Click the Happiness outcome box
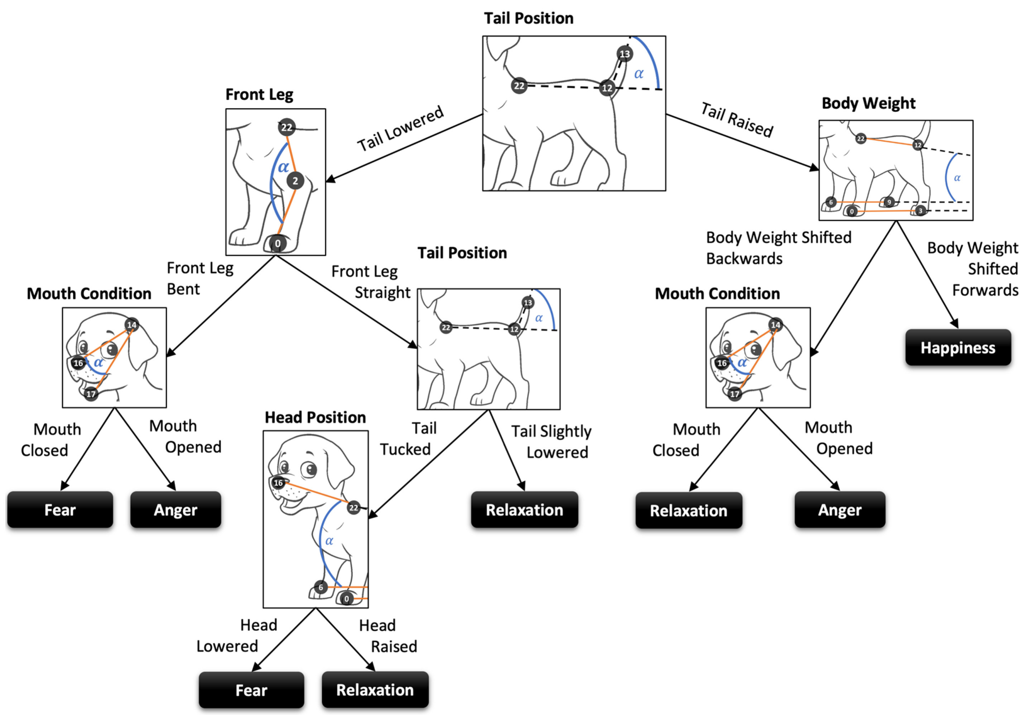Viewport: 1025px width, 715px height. click(x=958, y=348)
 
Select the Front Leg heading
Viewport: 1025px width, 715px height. click(x=259, y=95)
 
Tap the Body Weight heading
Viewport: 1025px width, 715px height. click(x=868, y=103)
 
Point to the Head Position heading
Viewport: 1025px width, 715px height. click(x=315, y=417)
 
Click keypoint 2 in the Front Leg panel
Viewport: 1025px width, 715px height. click(x=295, y=181)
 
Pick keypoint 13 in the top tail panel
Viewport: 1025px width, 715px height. click(x=624, y=54)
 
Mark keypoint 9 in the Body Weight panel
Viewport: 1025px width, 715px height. click(x=889, y=202)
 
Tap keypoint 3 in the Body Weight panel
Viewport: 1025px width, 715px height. click(x=920, y=211)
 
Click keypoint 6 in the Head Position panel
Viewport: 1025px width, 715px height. click(x=321, y=587)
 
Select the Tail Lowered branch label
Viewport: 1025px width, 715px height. click(x=400, y=129)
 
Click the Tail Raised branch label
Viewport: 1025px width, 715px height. click(x=737, y=120)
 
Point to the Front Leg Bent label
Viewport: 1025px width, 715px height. click(x=199, y=279)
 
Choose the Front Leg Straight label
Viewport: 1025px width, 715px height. click(x=371, y=282)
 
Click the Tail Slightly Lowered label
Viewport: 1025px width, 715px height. click(x=552, y=442)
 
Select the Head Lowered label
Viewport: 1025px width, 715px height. click(x=237, y=636)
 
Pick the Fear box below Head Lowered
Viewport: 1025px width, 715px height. click(x=251, y=690)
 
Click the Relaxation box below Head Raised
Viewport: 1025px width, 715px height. click(x=375, y=690)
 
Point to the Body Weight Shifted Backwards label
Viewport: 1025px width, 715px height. click(x=778, y=248)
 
